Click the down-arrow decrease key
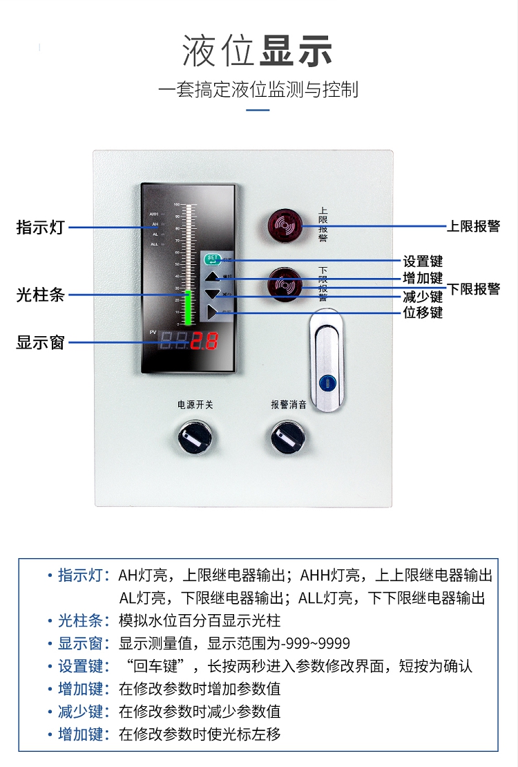[x=212, y=295]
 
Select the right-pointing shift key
[x=212, y=313]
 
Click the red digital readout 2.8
[x=205, y=341]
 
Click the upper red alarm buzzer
[x=285, y=225]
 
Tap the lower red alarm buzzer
[x=285, y=284]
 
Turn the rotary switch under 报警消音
[x=289, y=437]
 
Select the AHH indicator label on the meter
[x=154, y=214]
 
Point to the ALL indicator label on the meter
[x=154, y=244]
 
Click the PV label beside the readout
[x=153, y=333]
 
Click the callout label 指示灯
[x=40, y=227]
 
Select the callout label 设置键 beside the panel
[x=423, y=261]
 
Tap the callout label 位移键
[x=423, y=313]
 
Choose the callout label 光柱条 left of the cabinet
[x=40, y=295]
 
